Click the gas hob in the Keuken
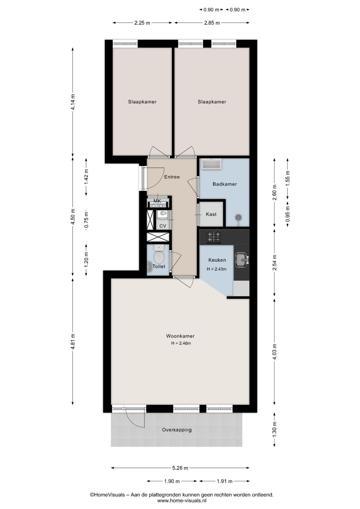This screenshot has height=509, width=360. [x=214, y=237]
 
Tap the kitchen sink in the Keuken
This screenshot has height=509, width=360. [x=241, y=260]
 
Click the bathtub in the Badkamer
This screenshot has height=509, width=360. [x=211, y=164]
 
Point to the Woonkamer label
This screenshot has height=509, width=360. [x=180, y=336]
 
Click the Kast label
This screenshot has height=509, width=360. [x=211, y=214]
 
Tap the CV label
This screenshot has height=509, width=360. [x=163, y=226]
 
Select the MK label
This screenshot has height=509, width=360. [x=157, y=201]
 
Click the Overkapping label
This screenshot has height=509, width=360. [x=177, y=430]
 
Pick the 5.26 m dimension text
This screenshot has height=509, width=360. [x=180, y=468]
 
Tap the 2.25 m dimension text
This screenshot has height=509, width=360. [x=142, y=23]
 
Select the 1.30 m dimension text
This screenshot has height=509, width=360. [x=274, y=430]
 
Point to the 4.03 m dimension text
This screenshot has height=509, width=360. [x=274, y=352]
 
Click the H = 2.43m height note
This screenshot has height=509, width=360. [x=217, y=269]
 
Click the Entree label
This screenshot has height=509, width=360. [x=172, y=177]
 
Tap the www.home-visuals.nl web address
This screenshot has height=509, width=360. [x=182, y=500]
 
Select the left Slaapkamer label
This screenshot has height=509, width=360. [x=142, y=102]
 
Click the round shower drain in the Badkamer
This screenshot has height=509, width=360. [x=238, y=217]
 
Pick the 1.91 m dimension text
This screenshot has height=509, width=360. [x=225, y=481]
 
